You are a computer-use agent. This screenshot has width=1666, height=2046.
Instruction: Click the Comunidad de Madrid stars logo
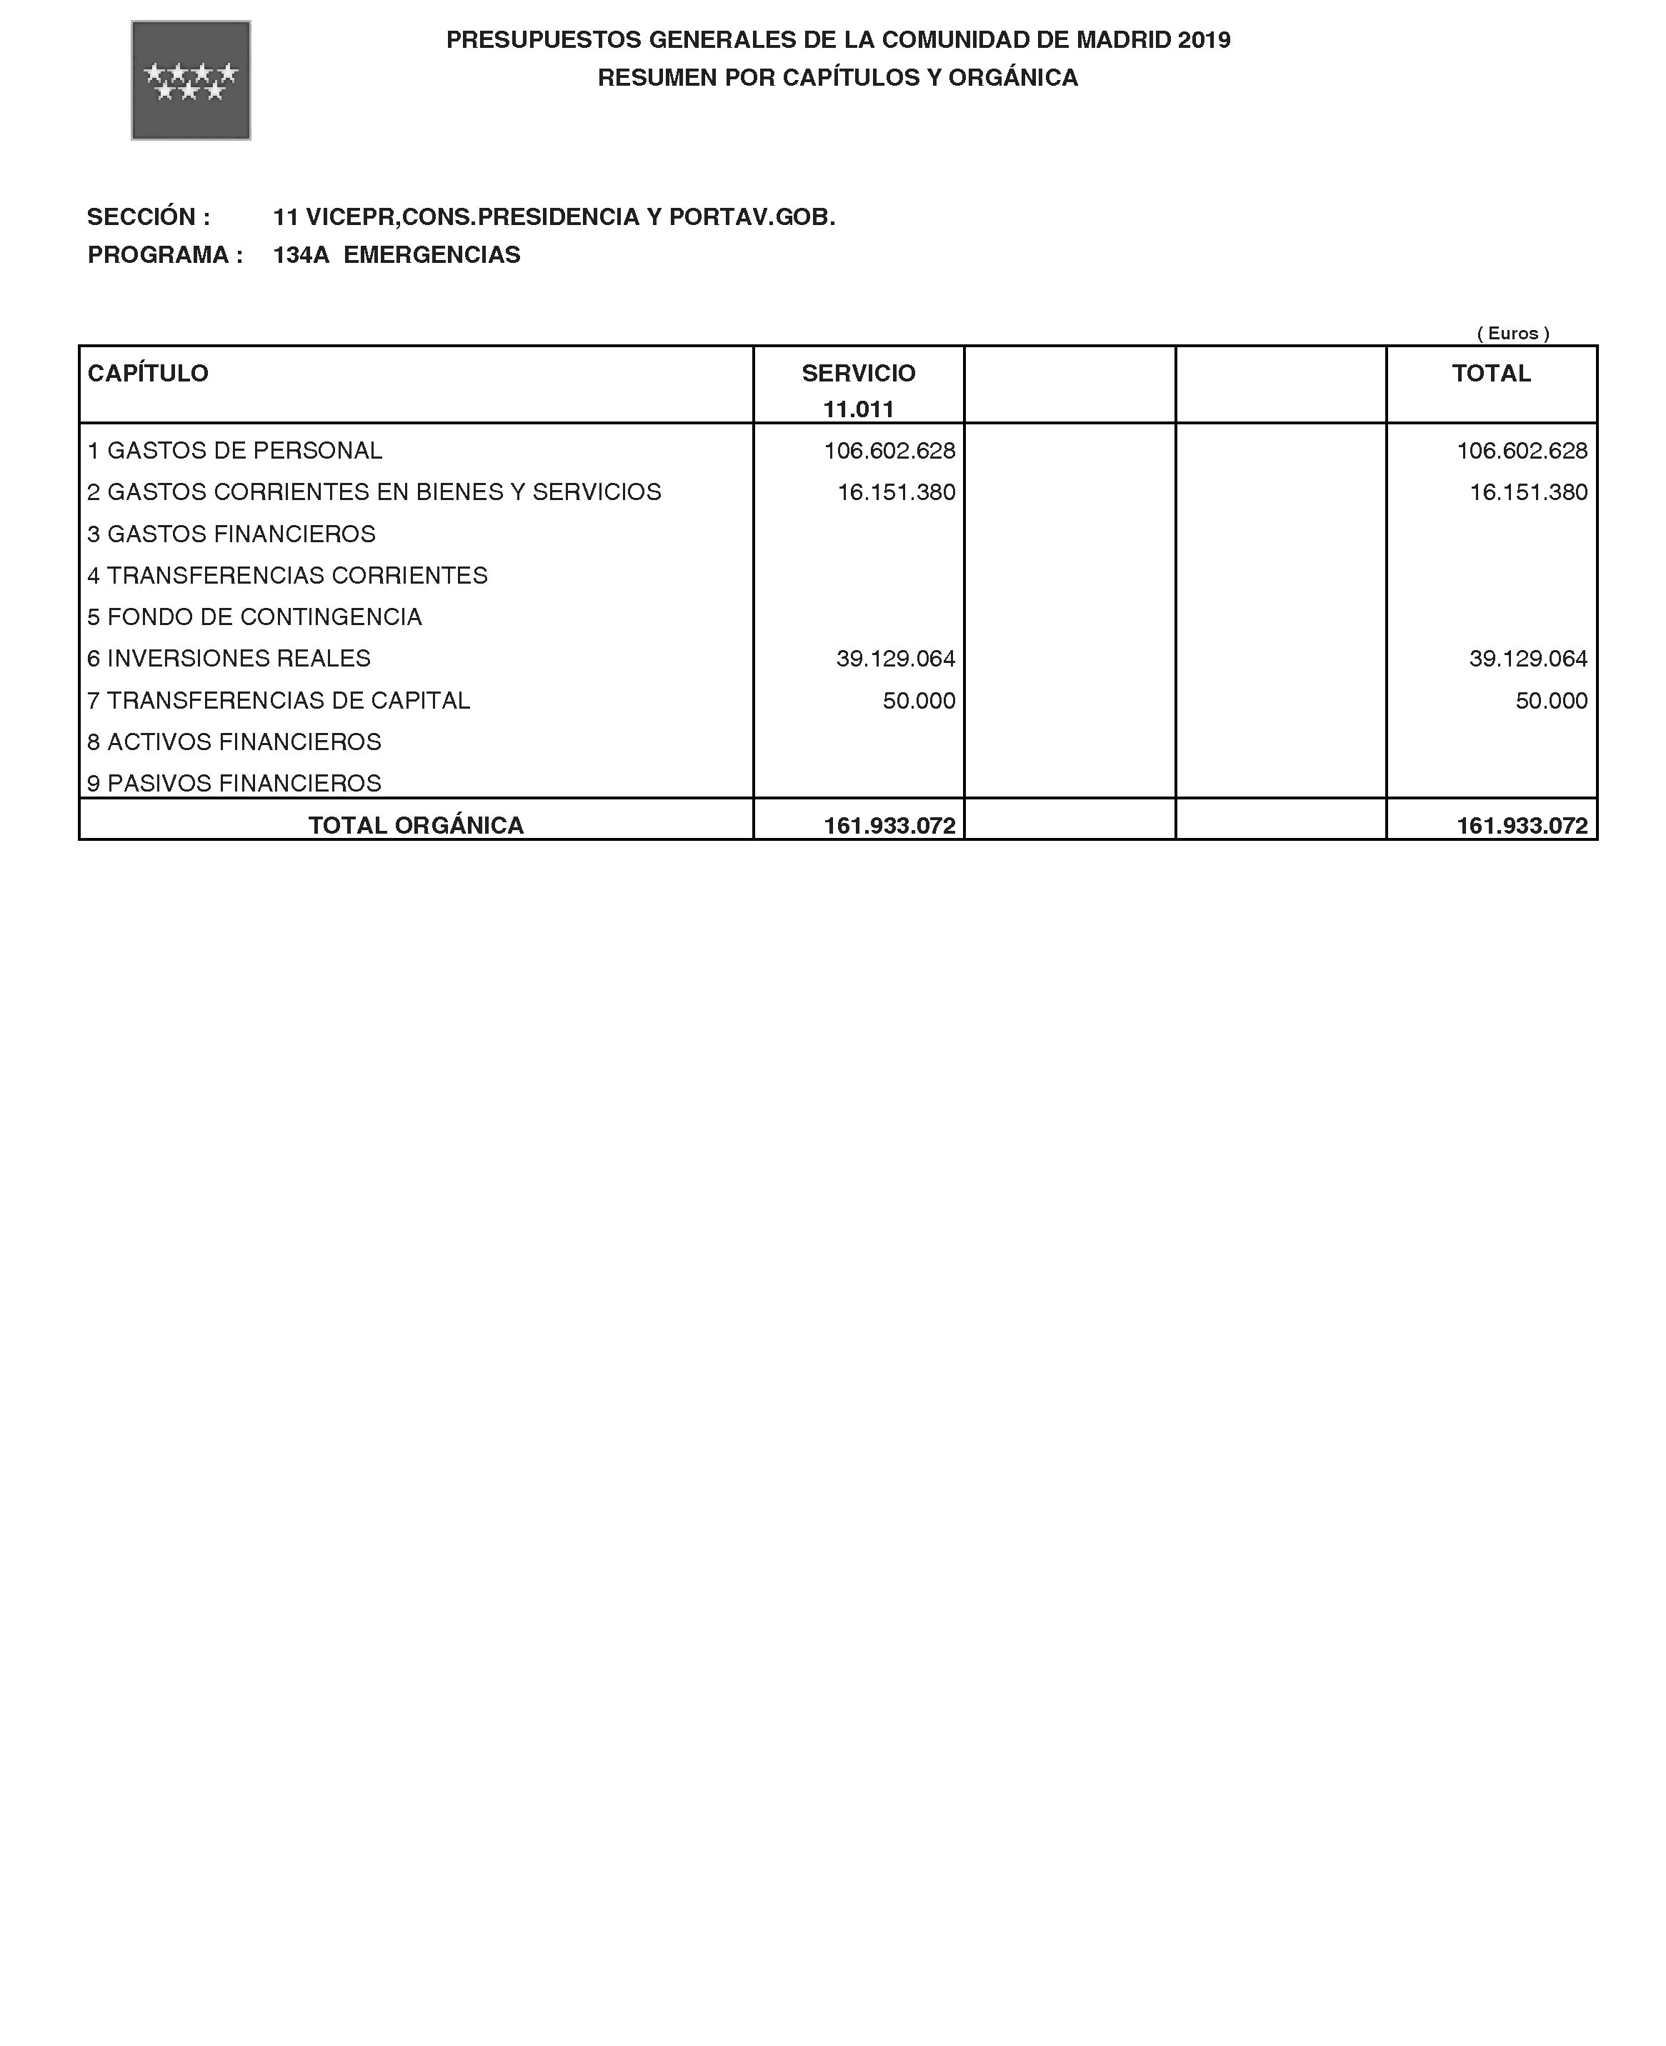tap(190, 81)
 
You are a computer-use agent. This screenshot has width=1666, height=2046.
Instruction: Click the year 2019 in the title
tap(1204, 40)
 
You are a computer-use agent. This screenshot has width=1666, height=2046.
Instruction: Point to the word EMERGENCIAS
tap(432, 255)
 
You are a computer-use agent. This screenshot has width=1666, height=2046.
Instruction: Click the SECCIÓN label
tap(148, 218)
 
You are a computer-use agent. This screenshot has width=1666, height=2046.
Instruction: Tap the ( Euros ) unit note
tap(1512, 334)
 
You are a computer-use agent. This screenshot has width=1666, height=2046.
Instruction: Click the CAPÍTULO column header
tap(148, 374)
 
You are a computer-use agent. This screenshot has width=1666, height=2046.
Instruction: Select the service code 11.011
tap(858, 410)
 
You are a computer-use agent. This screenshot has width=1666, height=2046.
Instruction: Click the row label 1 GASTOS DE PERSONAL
tap(234, 451)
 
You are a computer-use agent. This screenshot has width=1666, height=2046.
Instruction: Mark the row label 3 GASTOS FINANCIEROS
tap(231, 534)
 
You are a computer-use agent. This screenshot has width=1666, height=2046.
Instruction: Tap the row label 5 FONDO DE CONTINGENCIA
tap(254, 617)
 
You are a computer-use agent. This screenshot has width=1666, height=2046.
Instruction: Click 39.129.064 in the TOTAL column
tap(1528, 659)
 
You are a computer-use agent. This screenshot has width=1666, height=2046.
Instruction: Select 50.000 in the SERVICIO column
tap(919, 701)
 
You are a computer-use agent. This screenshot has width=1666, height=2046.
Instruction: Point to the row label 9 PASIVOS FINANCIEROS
tap(234, 784)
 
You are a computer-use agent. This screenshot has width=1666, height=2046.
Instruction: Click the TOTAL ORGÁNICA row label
tap(416, 827)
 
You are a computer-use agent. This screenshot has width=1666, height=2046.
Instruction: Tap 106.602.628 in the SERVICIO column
tap(889, 451)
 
